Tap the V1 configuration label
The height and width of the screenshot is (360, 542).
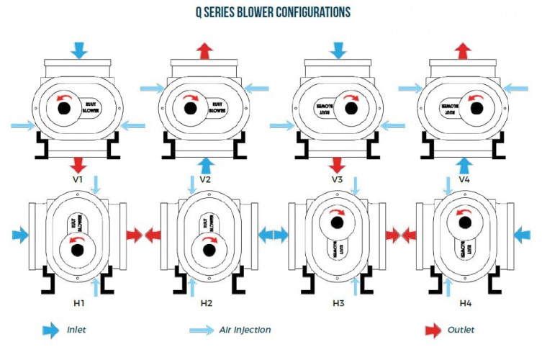(x=79, y=177)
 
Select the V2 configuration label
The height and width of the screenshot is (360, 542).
(x=205, y=177)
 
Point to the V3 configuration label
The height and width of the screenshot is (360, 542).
(x=336, y=177)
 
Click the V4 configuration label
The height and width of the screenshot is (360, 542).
(x=465, y=177)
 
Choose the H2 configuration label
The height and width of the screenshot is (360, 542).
(x=206, y=303)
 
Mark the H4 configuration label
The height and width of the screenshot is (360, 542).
(x=466, y=303)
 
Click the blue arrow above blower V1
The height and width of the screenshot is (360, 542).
(x=80, y=49)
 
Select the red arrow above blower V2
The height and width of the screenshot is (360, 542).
(x=206, y=49)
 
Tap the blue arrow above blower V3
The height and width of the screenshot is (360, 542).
(x=337, y=49)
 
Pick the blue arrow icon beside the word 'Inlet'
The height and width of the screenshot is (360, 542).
(x=50, y=330)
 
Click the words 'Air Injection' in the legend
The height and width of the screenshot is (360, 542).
(x=245, y=330)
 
